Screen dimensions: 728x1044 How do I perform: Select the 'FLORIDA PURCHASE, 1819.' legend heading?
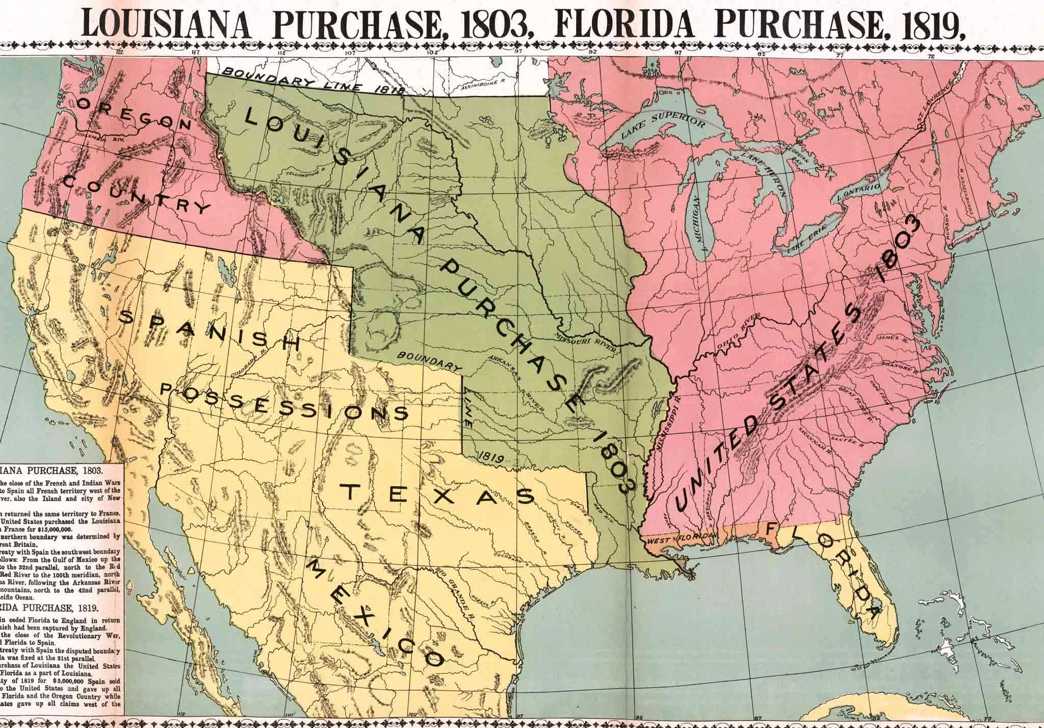pos(45,608)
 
